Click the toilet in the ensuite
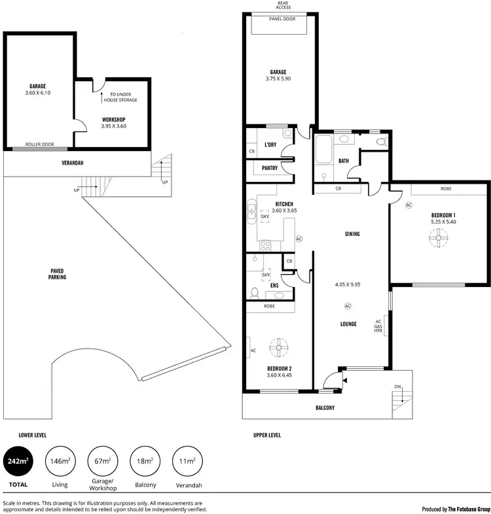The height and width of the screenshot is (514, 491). coord(256,292)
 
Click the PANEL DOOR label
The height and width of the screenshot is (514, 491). coord(282,20)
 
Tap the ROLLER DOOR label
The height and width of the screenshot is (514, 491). coord(39,145)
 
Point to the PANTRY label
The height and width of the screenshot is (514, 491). coord(270,168)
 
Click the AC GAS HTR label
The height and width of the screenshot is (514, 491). coord(378,326)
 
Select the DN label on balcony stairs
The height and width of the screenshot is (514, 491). coord(397,387)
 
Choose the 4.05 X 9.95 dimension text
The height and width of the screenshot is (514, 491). coord(347,284)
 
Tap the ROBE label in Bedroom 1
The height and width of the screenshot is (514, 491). coord(446,189)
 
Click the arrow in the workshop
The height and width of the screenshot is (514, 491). coord(103,98)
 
